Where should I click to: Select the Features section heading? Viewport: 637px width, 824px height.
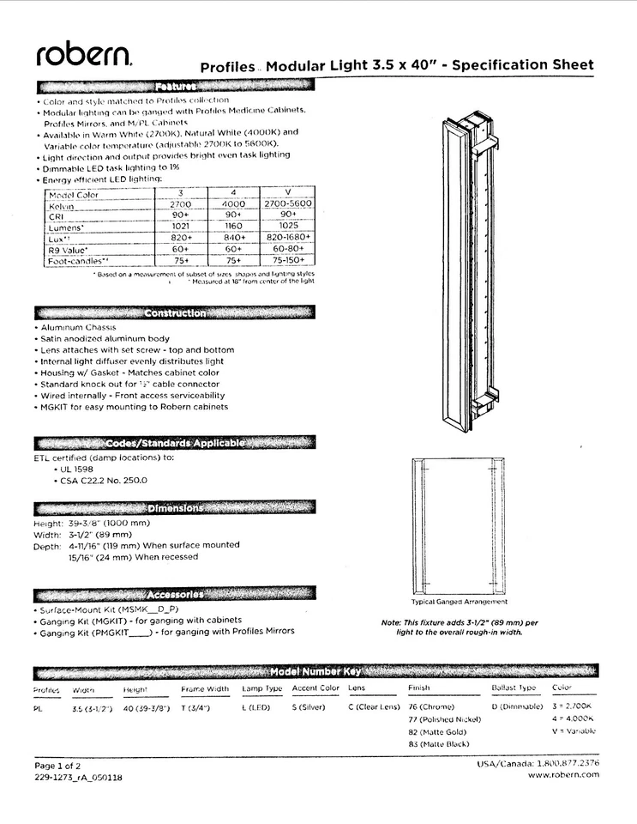pos(176,86)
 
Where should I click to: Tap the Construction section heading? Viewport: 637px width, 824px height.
pos(175,312)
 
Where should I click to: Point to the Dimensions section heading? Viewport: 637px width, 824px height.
pos(175,508)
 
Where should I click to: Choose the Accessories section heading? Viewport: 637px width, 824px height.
pos(175,594)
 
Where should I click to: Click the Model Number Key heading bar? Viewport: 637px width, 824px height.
pos(315,671)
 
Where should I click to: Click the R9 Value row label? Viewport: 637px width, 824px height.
pos(68,249)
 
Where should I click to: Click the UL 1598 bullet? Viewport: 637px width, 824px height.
pos(78,470)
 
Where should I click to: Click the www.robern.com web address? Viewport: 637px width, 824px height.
pos(563,775)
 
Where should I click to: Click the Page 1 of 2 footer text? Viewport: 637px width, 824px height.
pos(57,765)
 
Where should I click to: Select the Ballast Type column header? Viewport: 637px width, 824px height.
pos(514,688)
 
